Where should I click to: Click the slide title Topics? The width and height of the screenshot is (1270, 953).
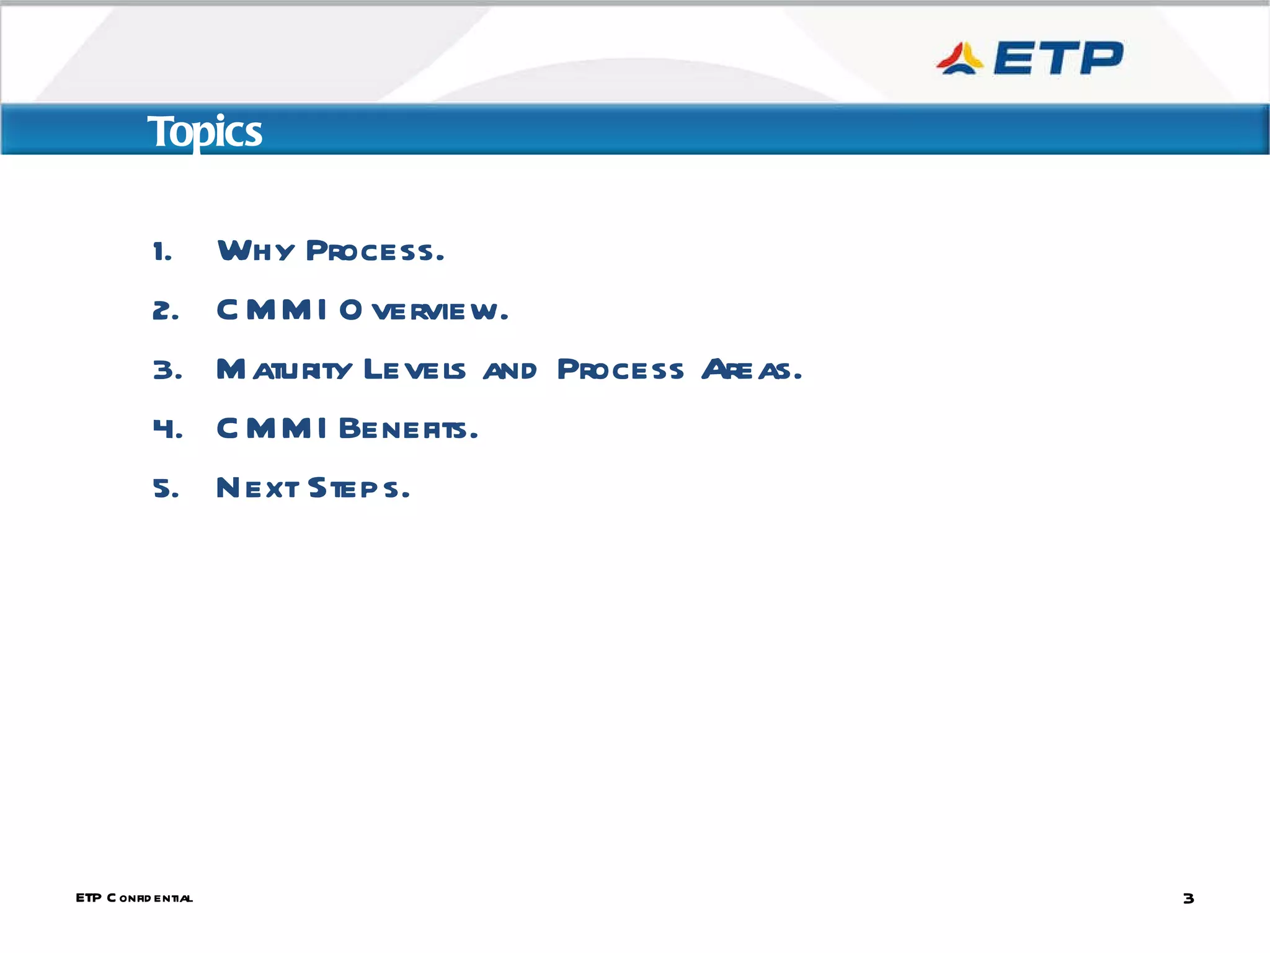(x=205, y=132)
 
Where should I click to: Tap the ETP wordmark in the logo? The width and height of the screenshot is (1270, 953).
(x=1058, y=58)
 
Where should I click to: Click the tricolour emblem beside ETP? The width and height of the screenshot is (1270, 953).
(x=959, y=59)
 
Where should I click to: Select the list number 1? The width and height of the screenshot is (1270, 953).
(x=162, y=252)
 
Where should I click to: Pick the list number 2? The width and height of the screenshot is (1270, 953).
(x=165, y=311)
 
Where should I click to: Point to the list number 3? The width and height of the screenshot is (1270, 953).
(x=167, y=370)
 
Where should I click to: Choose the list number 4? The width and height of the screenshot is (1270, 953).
(x=167, y=429)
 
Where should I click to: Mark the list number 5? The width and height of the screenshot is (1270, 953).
(x=166, y=489)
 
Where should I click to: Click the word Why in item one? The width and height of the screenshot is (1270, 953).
(x=255, y=251)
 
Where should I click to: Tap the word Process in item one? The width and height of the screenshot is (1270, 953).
(x=375, y=251)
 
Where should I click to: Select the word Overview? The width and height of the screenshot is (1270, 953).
(x=424, y=310)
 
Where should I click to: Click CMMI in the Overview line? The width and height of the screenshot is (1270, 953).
(x=272, y=310)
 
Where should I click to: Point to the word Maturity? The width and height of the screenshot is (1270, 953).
(x=284, y=369)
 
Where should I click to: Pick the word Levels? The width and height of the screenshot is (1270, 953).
(x=414, y=369)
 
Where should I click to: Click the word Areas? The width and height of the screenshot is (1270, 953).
(x=751, y=369)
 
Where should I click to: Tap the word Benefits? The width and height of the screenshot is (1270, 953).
(x=408, y=429)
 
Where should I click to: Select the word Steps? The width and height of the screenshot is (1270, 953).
(x=358, y=488)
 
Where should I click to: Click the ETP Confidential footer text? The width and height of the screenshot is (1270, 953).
(x=134, y=898)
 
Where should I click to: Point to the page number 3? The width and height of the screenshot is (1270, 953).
(x=1188, y=898)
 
